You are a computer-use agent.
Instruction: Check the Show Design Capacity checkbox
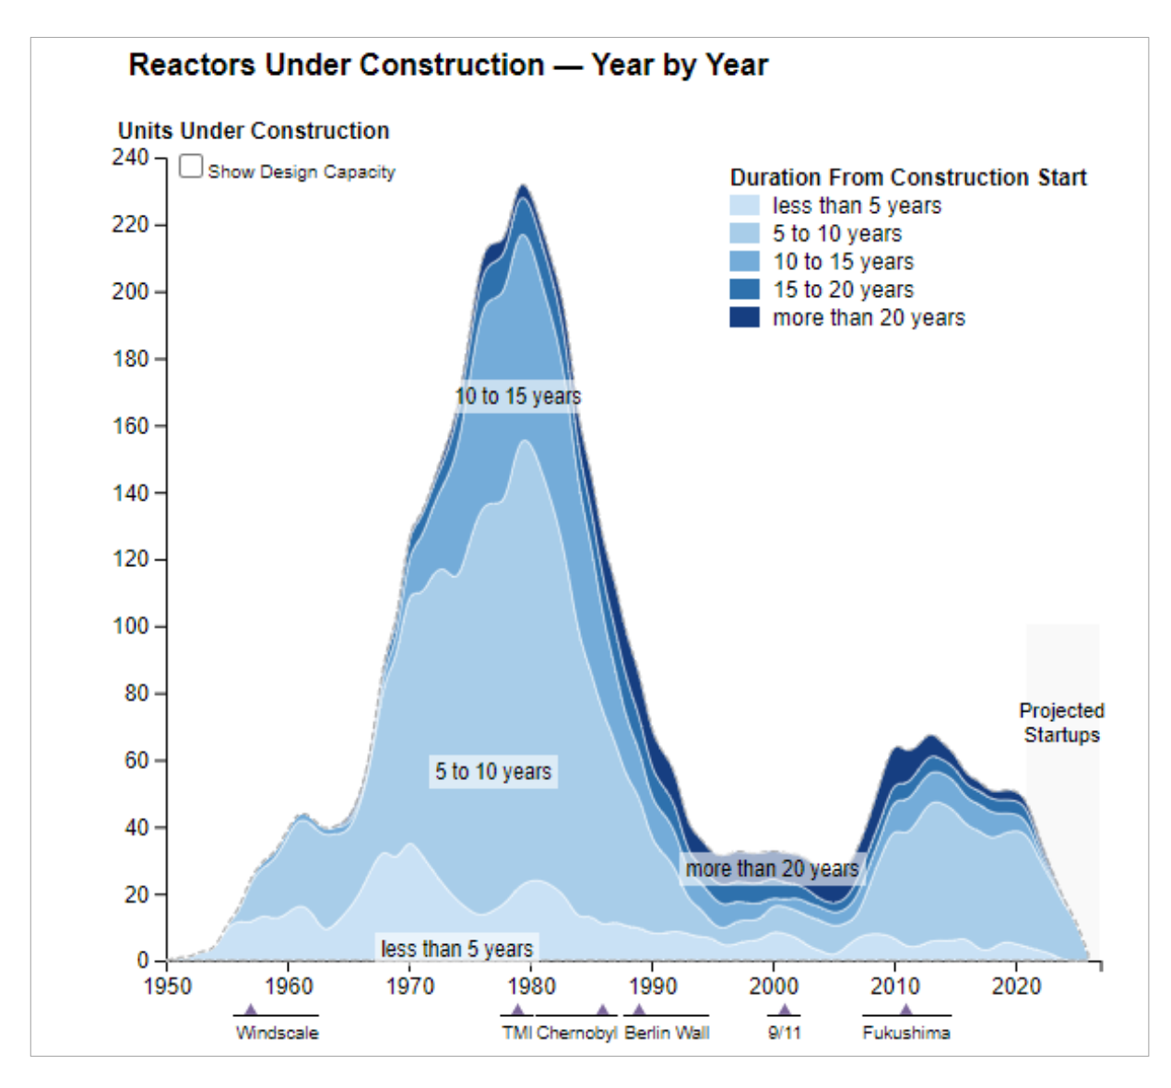[191, 166]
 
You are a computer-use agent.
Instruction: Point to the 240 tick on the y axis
[131, 158]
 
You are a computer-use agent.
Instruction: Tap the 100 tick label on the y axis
[131, 627]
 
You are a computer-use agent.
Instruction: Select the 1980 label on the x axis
[531, 987]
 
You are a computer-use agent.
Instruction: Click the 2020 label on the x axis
[1016, 987]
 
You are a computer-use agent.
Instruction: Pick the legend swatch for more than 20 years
[744, 317]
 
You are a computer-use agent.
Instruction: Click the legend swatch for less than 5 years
[744, 206]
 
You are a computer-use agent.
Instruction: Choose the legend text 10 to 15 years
[843, 262]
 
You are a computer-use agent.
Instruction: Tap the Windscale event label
[277, 1033]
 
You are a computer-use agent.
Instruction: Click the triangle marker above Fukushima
[906, 1010]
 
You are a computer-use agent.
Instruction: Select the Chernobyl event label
[576, 1033]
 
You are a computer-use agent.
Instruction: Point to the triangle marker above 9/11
[785, 1010]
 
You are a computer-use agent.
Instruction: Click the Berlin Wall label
[667, 1033]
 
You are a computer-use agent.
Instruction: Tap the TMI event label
[516, 1033]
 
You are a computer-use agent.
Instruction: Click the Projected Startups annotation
[1061, 723]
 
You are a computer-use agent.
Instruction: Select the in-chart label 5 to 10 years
[493, 772]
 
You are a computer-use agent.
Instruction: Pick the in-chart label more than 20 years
[772, 869]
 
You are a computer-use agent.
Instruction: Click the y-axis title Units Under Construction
[254, 131]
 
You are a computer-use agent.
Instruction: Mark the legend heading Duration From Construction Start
[908, 177]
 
